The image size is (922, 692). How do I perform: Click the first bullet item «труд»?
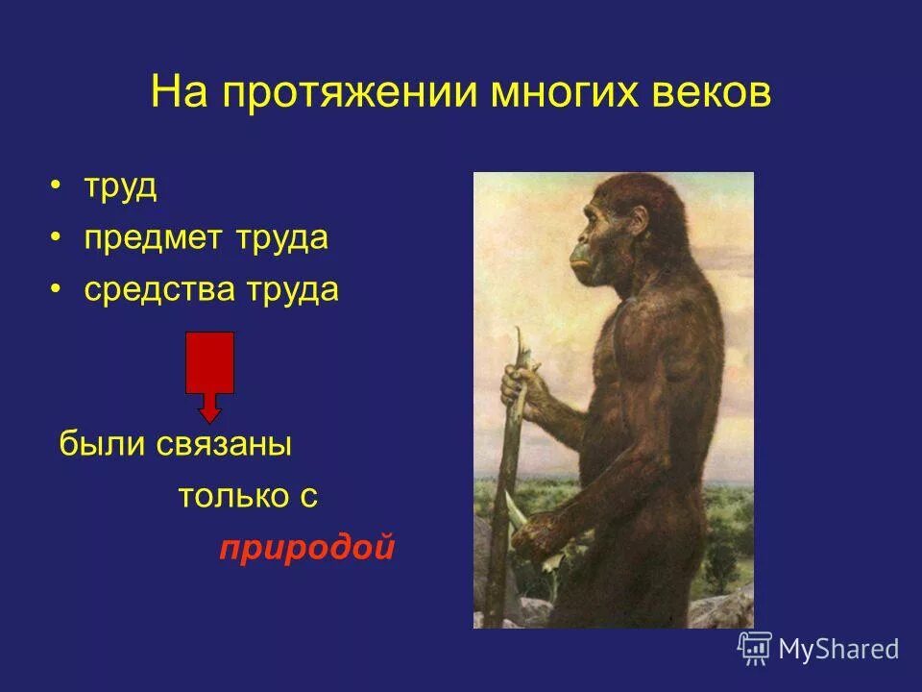[120, 186]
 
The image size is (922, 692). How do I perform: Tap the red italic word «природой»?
[307, 548]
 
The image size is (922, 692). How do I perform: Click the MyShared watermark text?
[838, 649]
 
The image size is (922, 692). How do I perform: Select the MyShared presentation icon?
[755, 648]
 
